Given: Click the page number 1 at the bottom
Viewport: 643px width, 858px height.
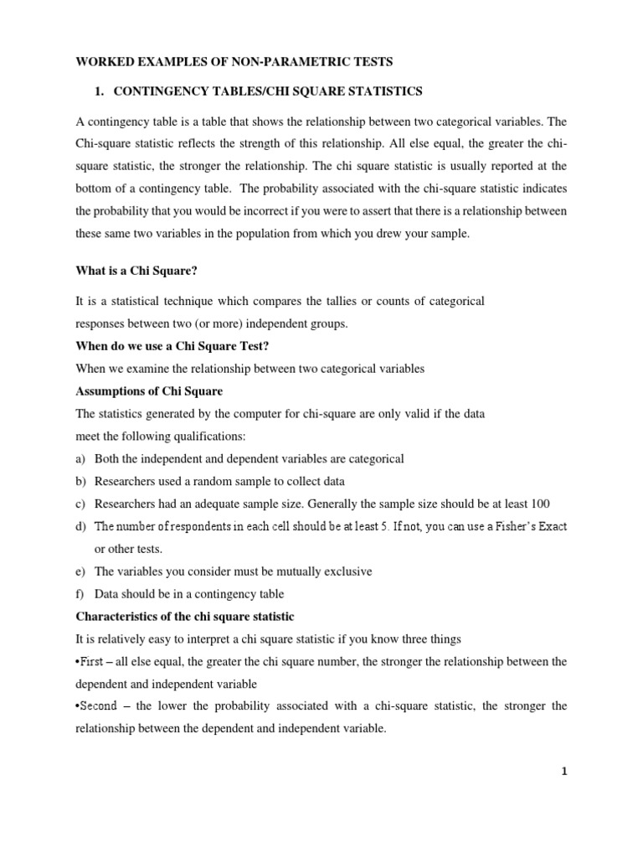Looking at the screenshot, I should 565,773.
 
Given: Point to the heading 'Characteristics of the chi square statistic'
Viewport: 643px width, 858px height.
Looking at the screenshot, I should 185,617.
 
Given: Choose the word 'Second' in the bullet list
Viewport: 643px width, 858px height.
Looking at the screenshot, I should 99,707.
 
